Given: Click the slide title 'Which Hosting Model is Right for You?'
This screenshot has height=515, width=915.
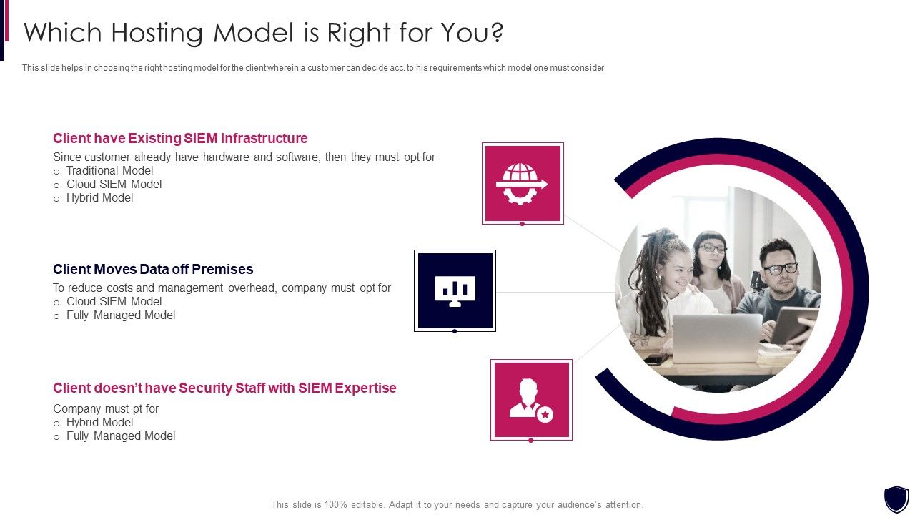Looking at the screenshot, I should point(264,33).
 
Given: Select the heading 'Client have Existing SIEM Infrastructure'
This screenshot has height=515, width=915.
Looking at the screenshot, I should point(180,138).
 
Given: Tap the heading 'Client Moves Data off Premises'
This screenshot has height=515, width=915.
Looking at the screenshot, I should point(153,269).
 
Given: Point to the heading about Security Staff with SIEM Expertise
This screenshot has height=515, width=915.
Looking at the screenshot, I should point(224,388).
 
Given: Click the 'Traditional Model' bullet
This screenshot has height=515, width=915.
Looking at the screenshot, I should point(109,170).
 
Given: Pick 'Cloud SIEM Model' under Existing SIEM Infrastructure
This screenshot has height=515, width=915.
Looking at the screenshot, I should point(114,184).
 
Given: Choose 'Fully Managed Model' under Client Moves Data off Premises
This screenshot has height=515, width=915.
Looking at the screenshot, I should point(120,315).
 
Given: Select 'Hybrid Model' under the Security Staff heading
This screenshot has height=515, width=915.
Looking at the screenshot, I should point(99,422).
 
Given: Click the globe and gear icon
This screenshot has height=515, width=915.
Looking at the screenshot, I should point(523,183).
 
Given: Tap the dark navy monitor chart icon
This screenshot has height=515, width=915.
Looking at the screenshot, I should point(455,290).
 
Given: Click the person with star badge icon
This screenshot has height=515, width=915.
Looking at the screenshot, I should point(531,400).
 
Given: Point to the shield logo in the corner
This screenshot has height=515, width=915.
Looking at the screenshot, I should point(896,499).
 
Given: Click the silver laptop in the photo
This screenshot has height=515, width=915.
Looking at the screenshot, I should point(717,338).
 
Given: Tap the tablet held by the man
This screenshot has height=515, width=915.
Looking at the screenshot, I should point(795,325).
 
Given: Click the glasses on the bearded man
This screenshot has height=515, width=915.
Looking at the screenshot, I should point(780,269).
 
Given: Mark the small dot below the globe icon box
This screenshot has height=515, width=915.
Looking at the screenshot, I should point(523,224).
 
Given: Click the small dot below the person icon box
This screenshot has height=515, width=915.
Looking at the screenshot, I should point(531,441).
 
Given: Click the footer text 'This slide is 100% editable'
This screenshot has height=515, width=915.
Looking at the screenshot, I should point(457,504).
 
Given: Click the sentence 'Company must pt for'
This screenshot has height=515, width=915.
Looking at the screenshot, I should point(106,408).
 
